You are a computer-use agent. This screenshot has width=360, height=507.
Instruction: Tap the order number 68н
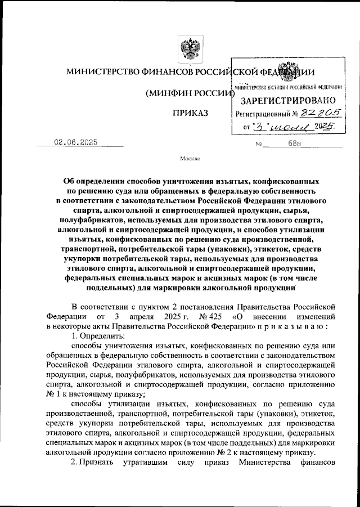(295, 145)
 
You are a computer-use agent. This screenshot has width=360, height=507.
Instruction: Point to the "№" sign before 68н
(260, 145)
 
